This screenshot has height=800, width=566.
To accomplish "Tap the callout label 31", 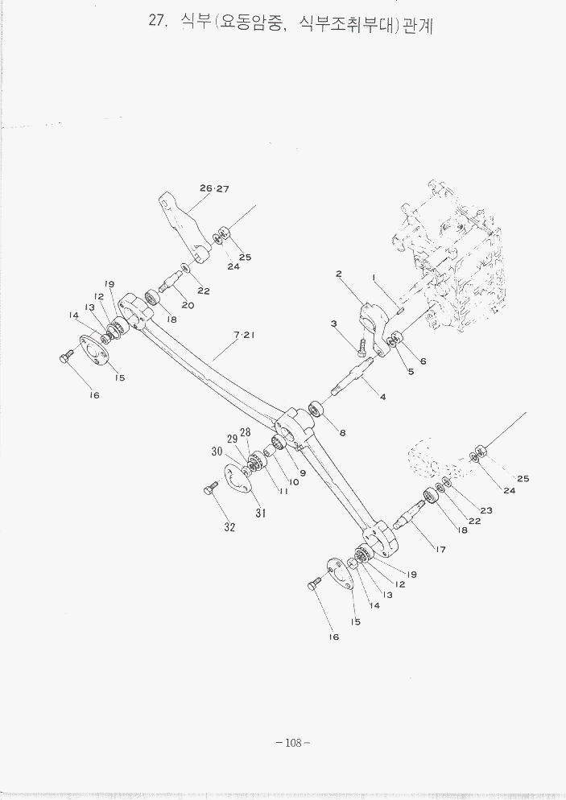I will click(x=261, y=512).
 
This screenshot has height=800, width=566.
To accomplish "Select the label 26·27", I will click(x=215, y=189).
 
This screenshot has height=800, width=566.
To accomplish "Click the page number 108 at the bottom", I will click(x=292, y=743).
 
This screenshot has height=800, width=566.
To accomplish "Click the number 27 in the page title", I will click(x=157, y=23).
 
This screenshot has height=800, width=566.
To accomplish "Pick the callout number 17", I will click(x=441, y=550).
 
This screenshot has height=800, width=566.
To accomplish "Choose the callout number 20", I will click(x=188, y=305).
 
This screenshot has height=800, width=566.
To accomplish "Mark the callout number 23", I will click(x=486, y=510).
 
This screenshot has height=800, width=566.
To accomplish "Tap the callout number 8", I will click(x=342, y=433).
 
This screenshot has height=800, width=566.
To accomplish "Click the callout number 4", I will click(x=382, y=396).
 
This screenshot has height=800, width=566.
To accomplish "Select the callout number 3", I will click(x=332, y=324).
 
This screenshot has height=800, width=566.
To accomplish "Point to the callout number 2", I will click(x=340, y=274).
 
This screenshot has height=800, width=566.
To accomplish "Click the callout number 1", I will click(x=374, y=278).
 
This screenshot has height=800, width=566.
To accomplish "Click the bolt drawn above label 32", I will click(x=212, y=488).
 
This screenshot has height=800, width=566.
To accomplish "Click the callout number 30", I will click(x=217, y=452).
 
